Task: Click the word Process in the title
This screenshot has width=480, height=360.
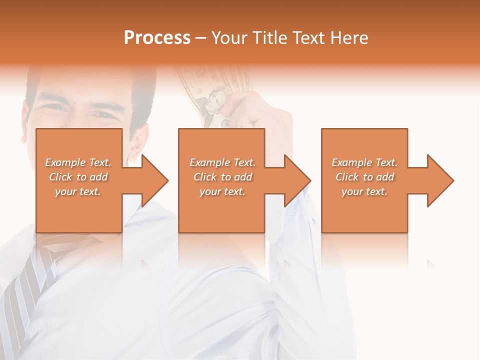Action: (x=157, y=37)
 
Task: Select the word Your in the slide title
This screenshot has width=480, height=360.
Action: (x=230, y=38)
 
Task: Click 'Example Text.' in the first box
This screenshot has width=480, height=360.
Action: (x=78, y=162)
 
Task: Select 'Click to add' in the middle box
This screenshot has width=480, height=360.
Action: (x=222, y=177)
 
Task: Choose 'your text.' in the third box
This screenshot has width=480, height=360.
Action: (x=364, y=191)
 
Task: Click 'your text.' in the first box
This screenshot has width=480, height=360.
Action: (x=78, y=191)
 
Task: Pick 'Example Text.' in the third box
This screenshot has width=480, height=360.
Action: (x=364, y=162)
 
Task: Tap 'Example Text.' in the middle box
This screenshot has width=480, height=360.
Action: (x=222, y=162)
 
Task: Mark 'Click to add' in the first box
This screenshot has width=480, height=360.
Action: (x=78, y=177)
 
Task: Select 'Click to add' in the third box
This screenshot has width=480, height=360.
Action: (x=364, y=177)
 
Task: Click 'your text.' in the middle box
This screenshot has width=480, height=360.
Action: (x=222, y=191)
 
